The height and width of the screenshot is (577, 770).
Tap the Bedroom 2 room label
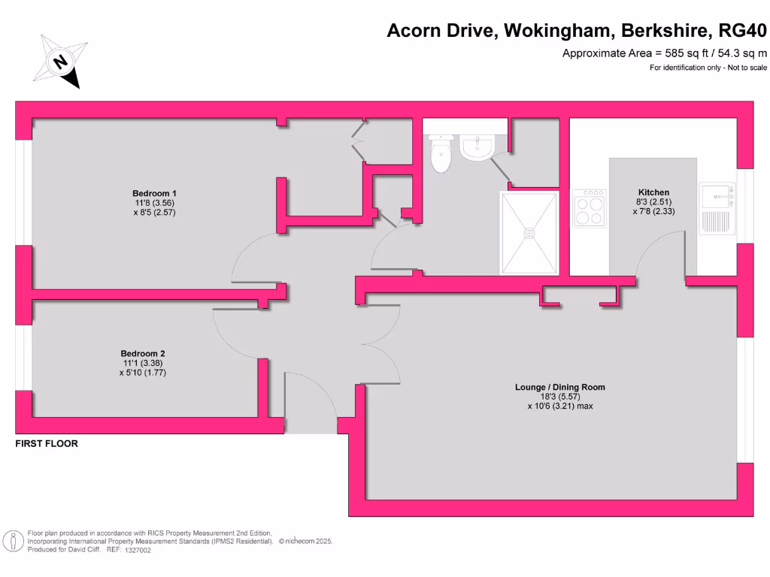coord(143,353)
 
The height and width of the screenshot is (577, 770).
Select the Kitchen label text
coord(653,192)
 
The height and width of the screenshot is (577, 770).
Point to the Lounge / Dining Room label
coord(559,387)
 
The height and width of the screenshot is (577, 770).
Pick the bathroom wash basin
coord(476,148)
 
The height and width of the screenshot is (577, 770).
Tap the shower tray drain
coord(530,232)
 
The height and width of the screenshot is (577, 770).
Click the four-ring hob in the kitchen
coord(590,209)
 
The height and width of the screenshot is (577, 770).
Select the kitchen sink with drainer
coord(717,208)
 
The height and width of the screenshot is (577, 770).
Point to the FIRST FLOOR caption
coord(47,444)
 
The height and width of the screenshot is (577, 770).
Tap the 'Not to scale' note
coord(746,68)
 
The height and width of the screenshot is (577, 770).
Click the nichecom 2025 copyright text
coord(305,541)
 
